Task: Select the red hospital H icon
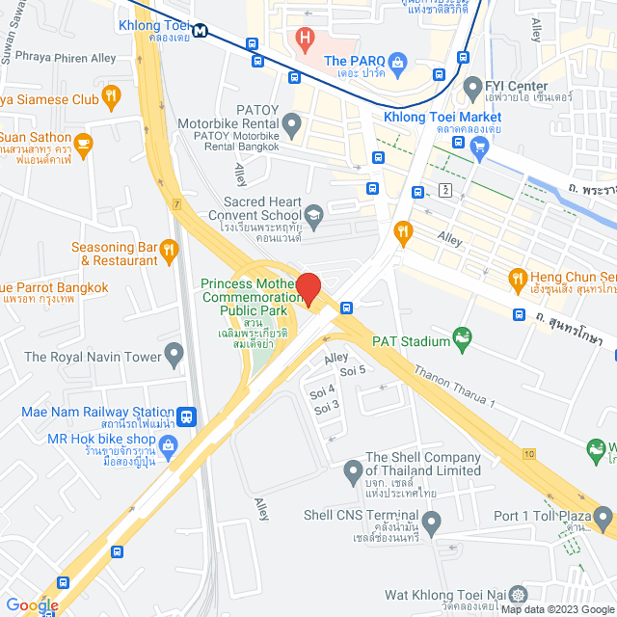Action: [306, 40]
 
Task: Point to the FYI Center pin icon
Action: [472, 89]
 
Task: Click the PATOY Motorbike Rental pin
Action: [292, 122]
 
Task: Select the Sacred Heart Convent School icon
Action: [314, 214]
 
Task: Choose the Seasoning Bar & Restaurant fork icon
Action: [170, 252]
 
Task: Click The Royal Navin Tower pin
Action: [174, 357]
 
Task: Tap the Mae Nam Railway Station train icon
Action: [187, 416]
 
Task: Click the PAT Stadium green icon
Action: [465, 340]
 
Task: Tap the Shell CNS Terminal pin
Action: [431, 523]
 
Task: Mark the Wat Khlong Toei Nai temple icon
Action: [519, 596]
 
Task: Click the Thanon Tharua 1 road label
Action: [453, 387]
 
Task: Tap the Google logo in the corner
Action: [32, 604]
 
